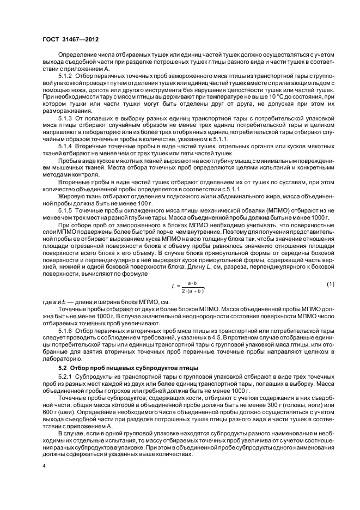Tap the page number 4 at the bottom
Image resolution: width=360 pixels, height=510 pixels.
pos(44,466)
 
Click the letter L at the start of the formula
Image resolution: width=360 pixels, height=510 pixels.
pos(173,286)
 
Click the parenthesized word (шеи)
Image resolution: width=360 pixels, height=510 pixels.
pos(66,416)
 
